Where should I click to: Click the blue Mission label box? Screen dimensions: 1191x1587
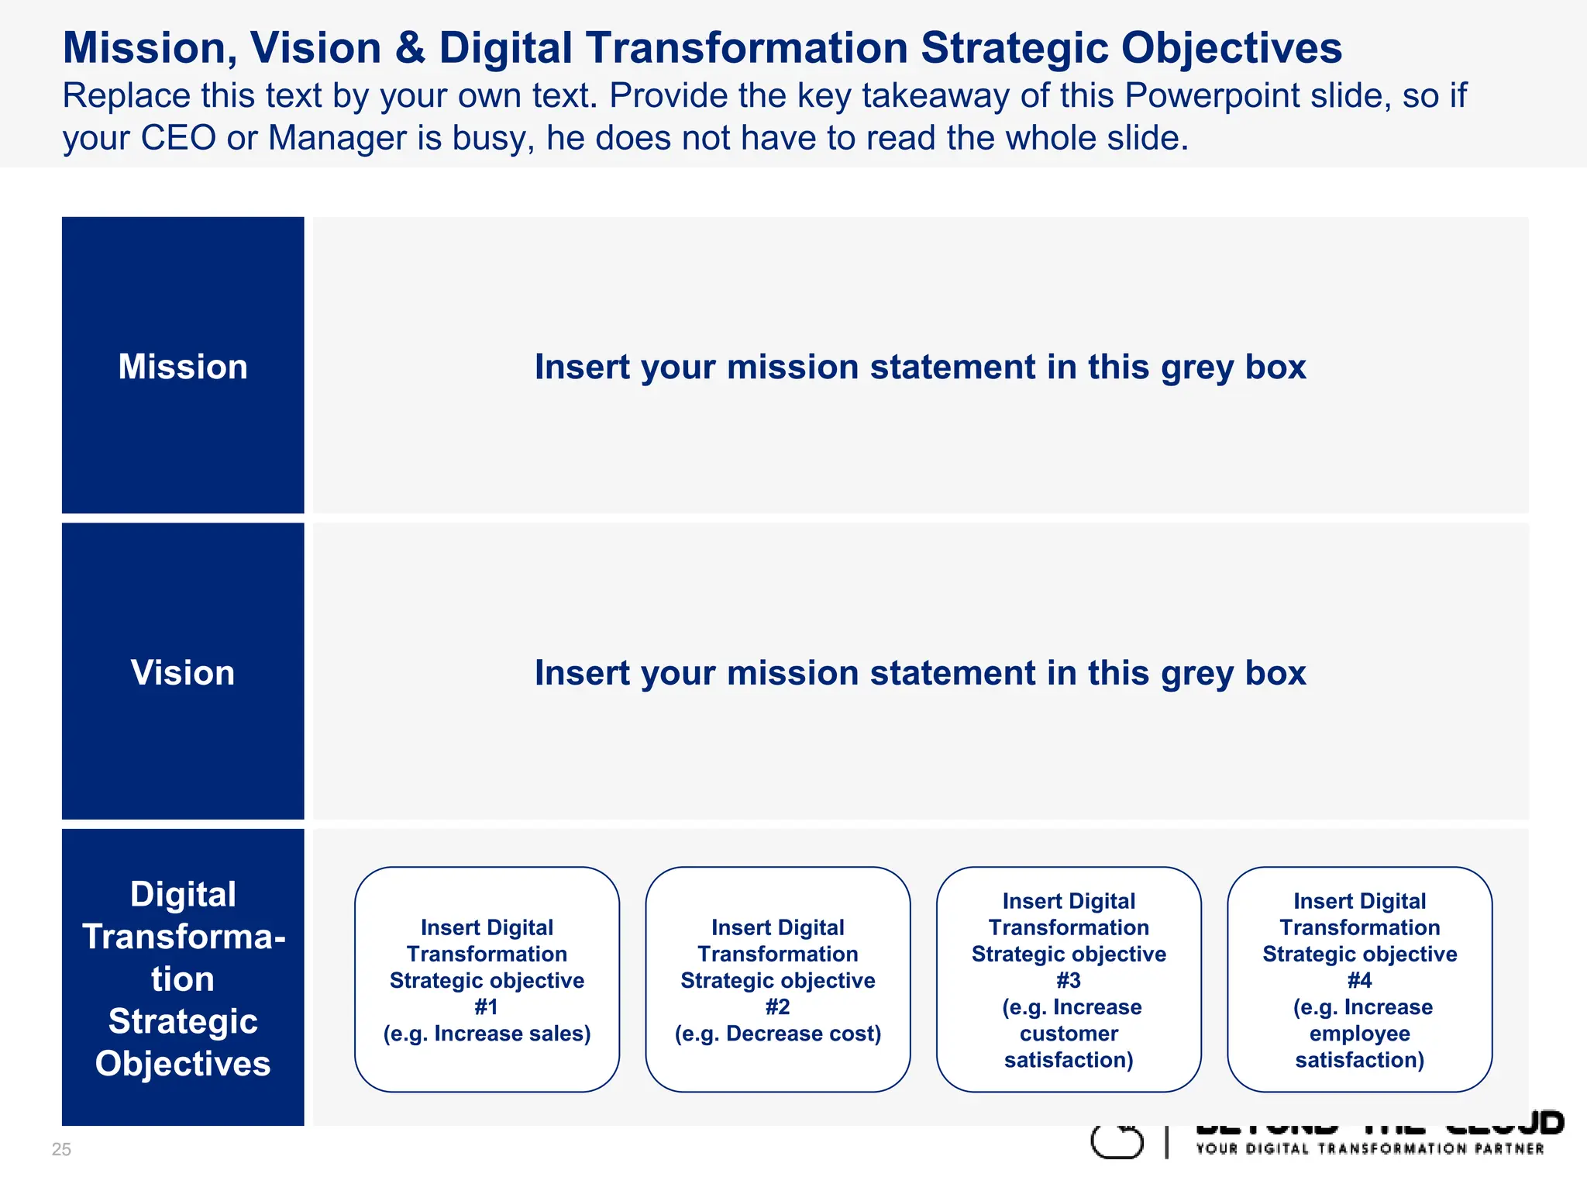pos(183,365)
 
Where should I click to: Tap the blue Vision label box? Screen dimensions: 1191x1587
pos(183,671)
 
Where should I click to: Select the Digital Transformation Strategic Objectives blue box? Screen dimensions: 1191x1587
pos(183,978)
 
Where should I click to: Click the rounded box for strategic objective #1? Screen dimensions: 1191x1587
pos(487,979)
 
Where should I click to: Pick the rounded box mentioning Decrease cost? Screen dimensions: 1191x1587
pos(778,979)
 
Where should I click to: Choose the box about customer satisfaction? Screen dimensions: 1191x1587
pos(1069,979)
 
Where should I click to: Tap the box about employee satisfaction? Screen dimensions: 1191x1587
pos(1359,979)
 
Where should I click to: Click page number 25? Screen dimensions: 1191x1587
pos(61,1149)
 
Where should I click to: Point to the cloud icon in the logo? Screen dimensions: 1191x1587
pos(1117,1141)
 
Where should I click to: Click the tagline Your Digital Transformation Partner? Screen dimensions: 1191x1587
pos(1369,1148)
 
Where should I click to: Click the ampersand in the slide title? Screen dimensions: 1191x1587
pos(410,48)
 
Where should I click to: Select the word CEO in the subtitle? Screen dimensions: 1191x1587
pos(177,138)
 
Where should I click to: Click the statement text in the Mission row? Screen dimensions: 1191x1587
pos(920,366)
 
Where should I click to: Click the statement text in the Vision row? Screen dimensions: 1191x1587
pos(920,672)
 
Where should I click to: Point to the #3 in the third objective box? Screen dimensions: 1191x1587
pos(1069,980)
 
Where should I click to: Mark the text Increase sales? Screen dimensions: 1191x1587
pos(511,1033)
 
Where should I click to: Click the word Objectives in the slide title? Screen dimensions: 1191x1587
pos(1231,48)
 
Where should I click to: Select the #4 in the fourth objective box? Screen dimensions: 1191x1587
pos(1359,980)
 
